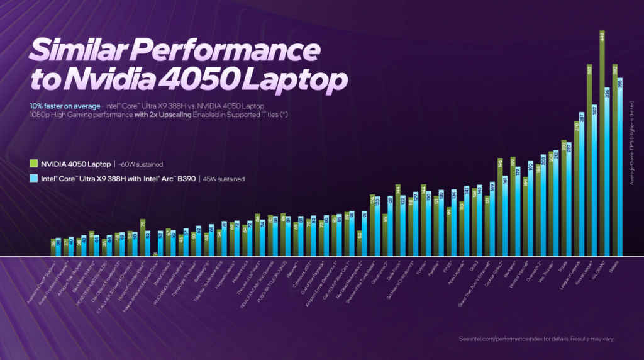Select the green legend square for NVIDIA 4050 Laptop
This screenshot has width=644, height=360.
[x=34, y=164]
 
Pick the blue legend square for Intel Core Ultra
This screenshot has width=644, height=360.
[x=34, y=179]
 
